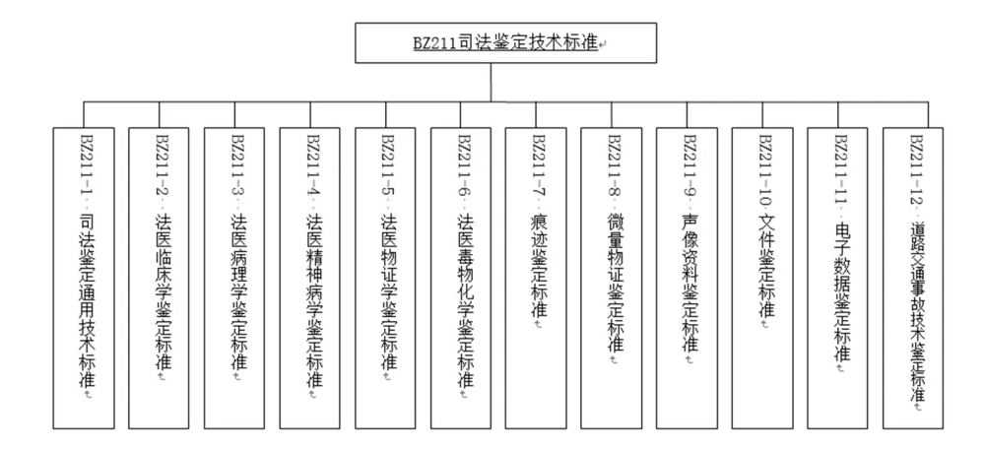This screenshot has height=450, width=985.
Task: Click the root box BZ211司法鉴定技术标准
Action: point(505,43)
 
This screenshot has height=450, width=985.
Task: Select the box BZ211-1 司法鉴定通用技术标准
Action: point(84,278)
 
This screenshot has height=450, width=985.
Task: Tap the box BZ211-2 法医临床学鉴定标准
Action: point(159,278)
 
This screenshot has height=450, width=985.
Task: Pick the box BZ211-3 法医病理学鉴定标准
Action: point(234,278)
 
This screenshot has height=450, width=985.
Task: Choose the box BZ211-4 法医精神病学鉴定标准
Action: point(309,278)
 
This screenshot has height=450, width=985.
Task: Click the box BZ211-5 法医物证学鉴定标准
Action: point(385,278)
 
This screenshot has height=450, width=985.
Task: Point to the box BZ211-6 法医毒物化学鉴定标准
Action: point(460,278)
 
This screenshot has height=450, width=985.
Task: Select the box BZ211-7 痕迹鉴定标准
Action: point(536,278)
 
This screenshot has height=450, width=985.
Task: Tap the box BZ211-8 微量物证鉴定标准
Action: point(612,278)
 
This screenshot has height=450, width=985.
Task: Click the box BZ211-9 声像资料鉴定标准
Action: point(687,278)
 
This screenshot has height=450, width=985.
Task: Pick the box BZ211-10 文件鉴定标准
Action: point(762,278)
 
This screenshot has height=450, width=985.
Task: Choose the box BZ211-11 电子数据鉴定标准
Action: point(837,278)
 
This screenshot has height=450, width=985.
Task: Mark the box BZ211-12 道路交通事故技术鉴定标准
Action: point(913,278)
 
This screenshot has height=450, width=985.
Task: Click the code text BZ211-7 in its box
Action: point(539,165)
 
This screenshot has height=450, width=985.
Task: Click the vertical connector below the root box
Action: point(491,82)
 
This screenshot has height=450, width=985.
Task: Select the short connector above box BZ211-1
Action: point(84,114)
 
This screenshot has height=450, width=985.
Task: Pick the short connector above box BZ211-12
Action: point(928,115)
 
